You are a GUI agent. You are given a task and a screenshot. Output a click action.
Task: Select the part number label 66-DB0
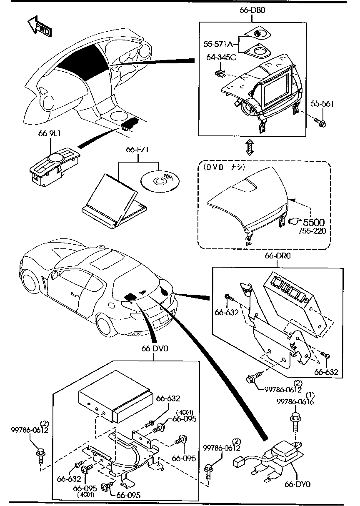(x=252, y=10)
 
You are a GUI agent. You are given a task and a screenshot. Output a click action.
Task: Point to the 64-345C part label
(x=221, y=57)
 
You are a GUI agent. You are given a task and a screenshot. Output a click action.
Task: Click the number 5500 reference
(x=313, y=222)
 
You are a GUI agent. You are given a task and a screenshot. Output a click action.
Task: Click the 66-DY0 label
(x=298, y=484)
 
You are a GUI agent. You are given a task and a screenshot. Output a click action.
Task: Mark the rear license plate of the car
(x=161, y=321)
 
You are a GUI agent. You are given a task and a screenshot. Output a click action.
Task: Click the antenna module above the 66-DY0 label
(x=283, y=452)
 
